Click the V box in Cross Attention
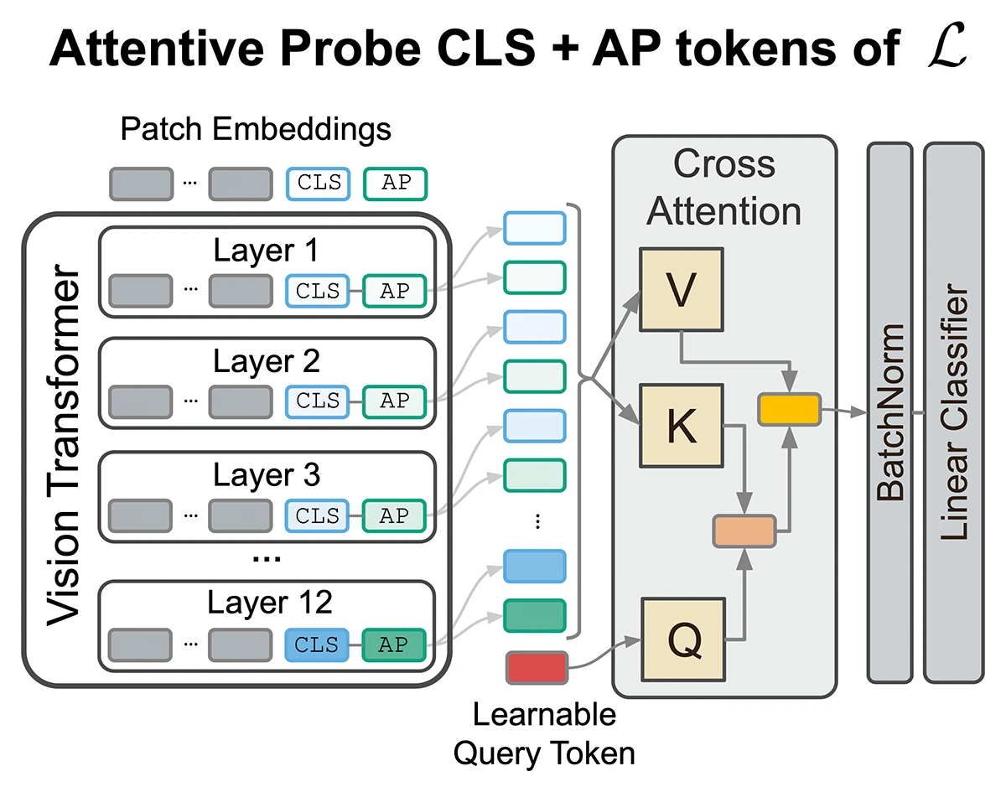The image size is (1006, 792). point(681,289)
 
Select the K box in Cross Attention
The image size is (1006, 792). point(681,426)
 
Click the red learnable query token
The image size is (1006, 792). point(537,667)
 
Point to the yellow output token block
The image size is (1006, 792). point(789,409)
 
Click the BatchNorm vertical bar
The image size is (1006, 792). point(889,412)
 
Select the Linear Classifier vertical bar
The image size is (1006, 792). point(953,412)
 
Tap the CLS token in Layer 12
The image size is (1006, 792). point(317,644)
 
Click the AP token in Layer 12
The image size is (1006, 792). point(394,644)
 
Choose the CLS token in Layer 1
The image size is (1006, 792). point(317,291)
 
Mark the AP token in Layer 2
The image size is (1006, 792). point(394,401)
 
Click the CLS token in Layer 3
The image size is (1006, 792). point(317,516)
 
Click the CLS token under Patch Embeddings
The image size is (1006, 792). point(319,184)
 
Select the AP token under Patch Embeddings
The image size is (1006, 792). point(395,184)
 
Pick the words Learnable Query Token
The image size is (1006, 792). point(543,734)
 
